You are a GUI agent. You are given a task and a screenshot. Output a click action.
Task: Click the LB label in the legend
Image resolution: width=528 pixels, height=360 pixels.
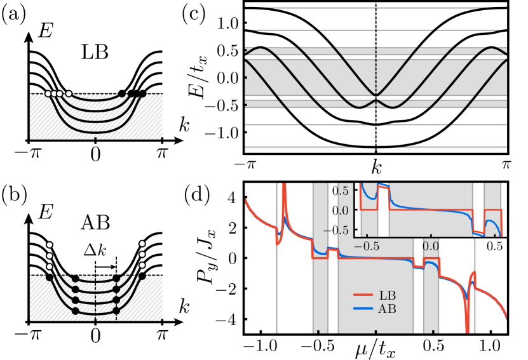387,296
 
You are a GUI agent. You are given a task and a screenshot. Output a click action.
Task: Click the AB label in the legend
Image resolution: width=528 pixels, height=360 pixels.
387,309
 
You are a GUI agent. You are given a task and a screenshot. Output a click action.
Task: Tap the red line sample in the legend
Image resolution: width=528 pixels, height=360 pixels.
363,295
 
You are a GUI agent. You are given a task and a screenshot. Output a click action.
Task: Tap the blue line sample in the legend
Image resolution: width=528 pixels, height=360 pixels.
363,309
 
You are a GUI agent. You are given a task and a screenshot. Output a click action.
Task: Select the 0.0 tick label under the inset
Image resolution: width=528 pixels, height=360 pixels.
431,246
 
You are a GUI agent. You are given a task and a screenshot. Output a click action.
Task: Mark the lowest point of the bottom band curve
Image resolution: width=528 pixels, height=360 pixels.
376,147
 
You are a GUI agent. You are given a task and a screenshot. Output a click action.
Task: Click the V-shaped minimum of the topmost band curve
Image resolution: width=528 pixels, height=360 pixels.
376,96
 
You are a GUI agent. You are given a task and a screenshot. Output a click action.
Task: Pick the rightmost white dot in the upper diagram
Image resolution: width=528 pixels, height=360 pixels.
69,94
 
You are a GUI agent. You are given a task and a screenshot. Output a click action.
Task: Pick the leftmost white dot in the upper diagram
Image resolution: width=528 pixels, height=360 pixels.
48,94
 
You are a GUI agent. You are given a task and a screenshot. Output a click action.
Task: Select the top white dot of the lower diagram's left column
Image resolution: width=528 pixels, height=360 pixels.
50,244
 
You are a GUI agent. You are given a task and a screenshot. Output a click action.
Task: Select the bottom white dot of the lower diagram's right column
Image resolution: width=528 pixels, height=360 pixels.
142,265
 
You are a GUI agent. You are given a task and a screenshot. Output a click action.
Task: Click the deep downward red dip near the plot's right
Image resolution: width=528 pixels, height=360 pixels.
467,321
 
